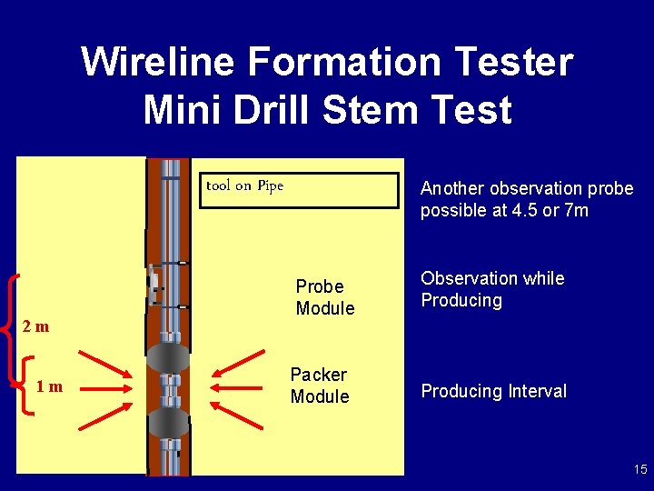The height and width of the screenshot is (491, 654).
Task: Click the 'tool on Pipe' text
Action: point(245,186)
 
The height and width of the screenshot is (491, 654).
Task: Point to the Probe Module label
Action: point(324,297)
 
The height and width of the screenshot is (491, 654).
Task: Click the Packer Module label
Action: point(319,386)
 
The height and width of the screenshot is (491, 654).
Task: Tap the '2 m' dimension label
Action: point(36,326)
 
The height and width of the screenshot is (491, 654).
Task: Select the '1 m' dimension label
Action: point(50,387)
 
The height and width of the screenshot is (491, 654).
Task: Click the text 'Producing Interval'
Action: point(493,391)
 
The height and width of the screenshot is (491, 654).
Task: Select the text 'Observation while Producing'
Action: point(491,289)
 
